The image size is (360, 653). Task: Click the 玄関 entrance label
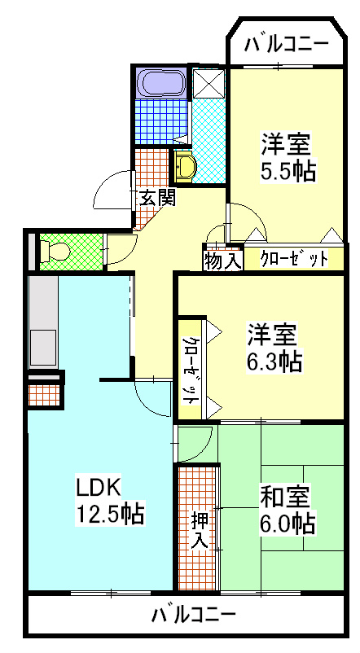point(156,197)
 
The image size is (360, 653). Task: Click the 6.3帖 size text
point(275,361)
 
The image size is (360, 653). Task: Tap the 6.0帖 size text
point(288,522)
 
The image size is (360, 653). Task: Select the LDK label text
point(99,488)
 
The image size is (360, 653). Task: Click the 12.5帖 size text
point(111,514)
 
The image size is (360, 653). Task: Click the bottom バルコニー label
point(194,614)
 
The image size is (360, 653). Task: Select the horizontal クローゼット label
point(294,260)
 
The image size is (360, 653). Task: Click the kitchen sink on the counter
point(42,342)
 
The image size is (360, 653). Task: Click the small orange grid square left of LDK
point(44,395)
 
